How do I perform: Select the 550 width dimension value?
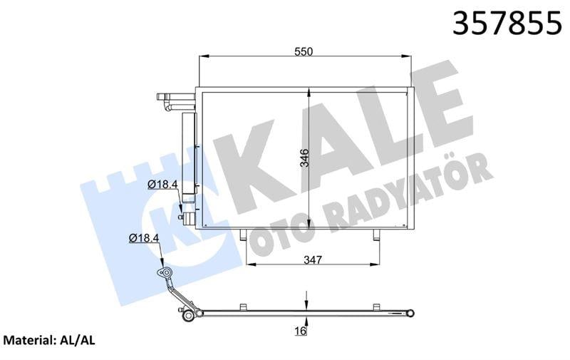pos(305,51)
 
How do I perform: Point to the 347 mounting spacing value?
pos(311,259)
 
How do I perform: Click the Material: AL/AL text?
pos(50,341)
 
